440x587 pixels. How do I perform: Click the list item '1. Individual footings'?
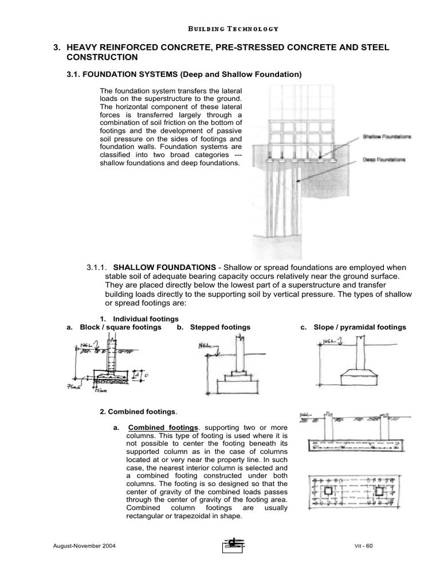139,318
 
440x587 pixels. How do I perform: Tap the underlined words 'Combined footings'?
163,428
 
